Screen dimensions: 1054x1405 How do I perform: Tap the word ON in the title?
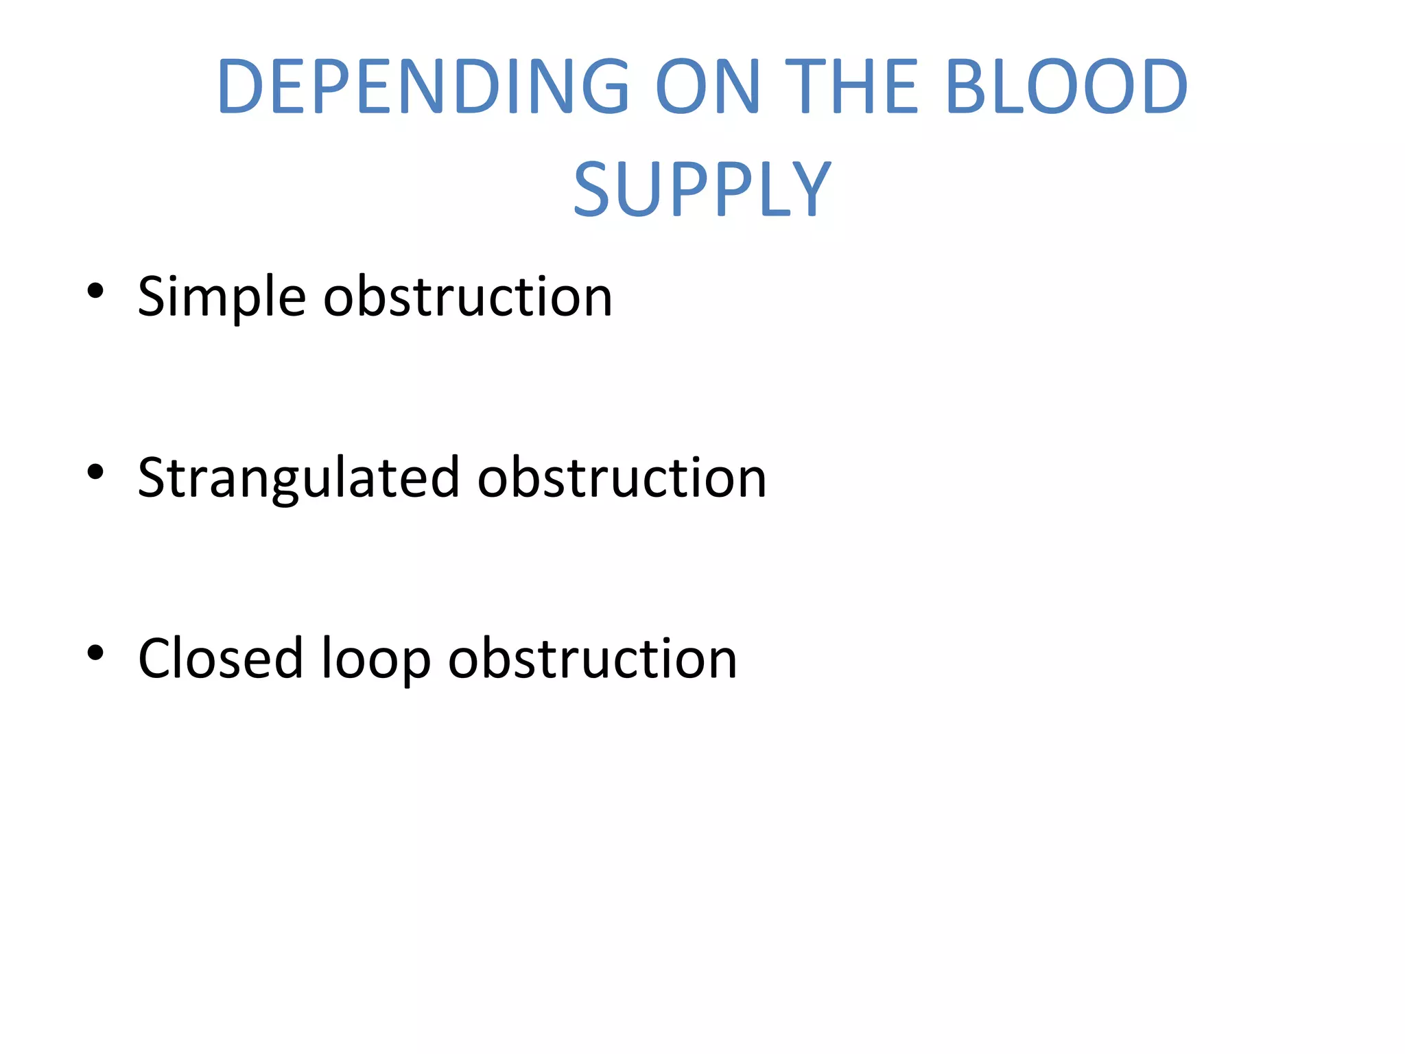[707, 87]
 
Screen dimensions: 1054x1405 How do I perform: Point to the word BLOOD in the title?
[1066, 87]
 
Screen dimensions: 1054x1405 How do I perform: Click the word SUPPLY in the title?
[702, 189]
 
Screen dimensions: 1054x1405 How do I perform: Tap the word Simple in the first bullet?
[222, 297]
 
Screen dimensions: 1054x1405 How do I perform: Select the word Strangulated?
[298, 478]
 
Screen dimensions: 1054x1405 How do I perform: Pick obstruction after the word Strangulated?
[622, 478]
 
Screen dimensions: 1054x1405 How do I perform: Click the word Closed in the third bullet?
[220, 659]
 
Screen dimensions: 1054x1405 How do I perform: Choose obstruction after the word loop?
[593, 659]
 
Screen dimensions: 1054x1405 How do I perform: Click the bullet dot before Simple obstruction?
[95, 291]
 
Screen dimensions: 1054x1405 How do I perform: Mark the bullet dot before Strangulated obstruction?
[95, 472]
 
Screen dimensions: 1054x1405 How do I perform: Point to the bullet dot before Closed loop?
[95, 653]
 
